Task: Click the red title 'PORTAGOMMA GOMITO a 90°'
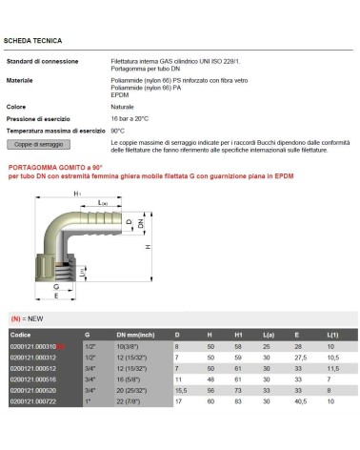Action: (x=54, y=166)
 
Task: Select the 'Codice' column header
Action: (x=20, y=335)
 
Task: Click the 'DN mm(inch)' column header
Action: (x=136, y=335)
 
